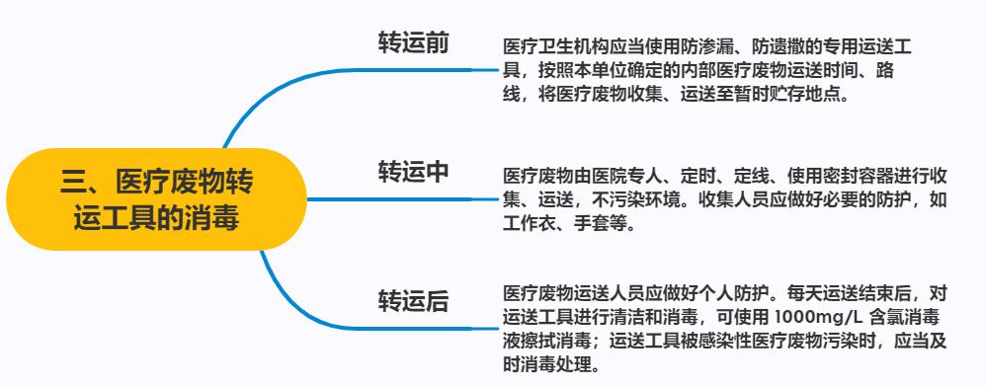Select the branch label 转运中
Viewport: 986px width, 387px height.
click(414, 171)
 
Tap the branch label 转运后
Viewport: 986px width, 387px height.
click(414, 300)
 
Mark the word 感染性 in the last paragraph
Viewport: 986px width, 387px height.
click(723, 342)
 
